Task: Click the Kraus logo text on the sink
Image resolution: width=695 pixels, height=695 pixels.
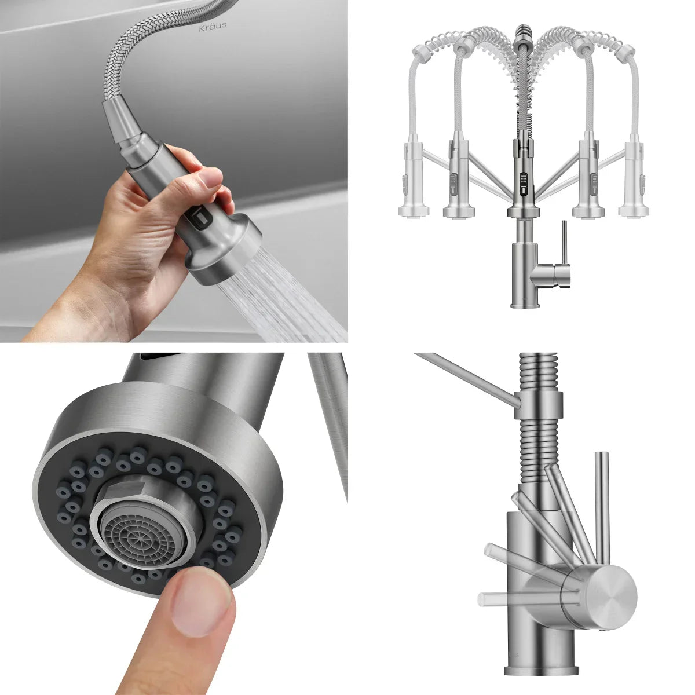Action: click(x=213, y=26)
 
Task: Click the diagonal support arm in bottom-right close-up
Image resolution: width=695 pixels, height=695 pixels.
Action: click(x=463, y=376)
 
